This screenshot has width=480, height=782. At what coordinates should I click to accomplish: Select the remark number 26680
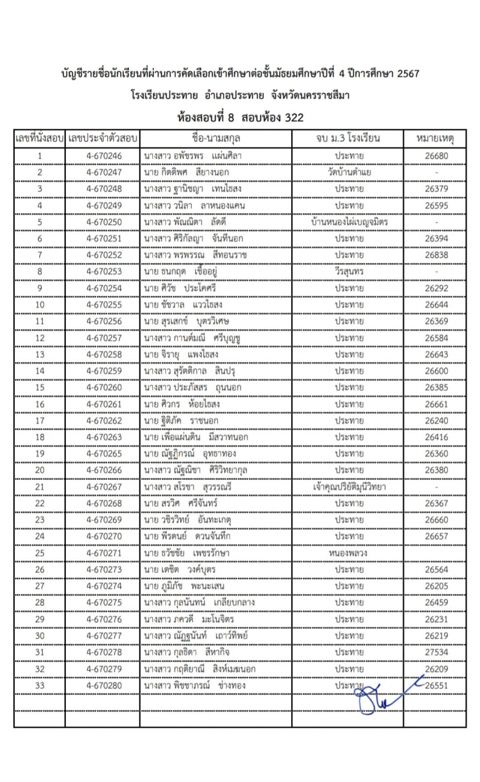click(x=436, y=155)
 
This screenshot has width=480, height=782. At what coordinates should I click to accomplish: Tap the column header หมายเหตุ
click(x=435, y=138)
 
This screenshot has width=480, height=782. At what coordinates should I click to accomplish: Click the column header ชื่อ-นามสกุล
click(x=215, y=138)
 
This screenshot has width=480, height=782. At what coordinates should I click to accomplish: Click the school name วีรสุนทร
click(x=349, y=272)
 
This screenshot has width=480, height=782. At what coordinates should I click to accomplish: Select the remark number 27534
click(x=436, y=652)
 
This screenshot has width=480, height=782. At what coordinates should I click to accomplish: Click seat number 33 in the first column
click(x=40, y=686)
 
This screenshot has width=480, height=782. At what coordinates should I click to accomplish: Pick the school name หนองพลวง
click(x=349, y=553)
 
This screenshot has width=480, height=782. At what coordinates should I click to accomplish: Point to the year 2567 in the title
click(x=408, y=74)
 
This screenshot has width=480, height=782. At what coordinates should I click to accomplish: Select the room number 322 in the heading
click(x=294, y=118)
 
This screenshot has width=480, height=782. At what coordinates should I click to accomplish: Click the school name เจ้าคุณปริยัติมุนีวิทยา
click(x=349, y=487)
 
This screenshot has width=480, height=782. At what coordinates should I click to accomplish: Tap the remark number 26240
click(x=436, y=421)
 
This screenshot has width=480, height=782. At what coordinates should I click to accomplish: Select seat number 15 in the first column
click(x=40, y=387)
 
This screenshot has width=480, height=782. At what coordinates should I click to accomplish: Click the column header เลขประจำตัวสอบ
click(x=103, y=138)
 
